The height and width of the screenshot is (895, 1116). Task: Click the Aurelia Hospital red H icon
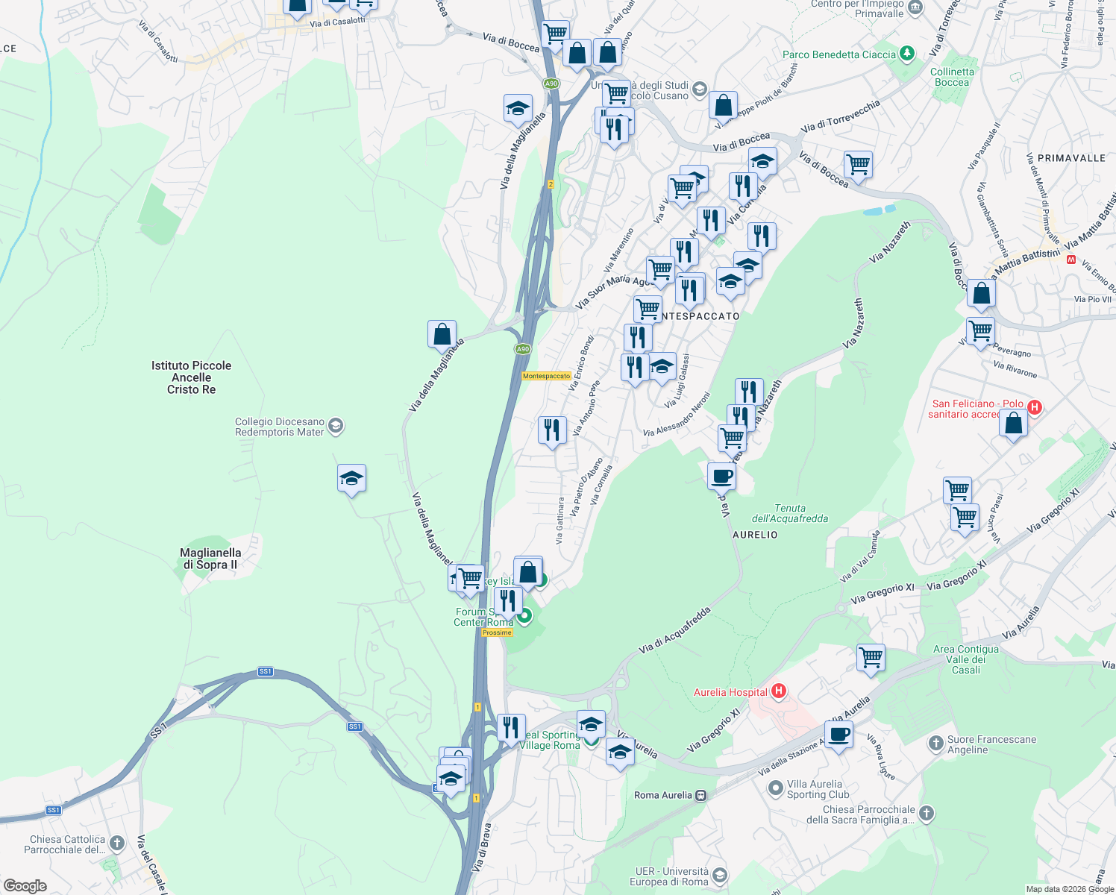[x=779, y=691]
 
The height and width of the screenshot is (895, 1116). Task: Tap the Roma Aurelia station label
[x=663, y=795]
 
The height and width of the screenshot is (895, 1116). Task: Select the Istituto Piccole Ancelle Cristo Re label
[x=191, y=377]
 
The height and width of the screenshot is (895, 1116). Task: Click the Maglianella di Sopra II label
[x=210, y=559]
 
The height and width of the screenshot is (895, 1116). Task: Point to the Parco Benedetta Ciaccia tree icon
[x=907, y=54]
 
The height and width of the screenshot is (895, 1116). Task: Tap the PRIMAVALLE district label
[x=1071, y=158]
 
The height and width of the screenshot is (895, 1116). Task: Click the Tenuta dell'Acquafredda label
[x=789, y=513]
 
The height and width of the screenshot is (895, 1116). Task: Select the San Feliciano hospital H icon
[x=1034, y=407]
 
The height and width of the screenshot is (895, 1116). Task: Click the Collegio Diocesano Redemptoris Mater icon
[x=336, y=426]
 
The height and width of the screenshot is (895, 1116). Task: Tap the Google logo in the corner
[x=25, y=885]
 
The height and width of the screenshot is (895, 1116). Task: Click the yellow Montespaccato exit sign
[x=546, y=376]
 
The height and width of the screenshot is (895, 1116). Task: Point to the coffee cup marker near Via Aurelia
[x=838, y=734]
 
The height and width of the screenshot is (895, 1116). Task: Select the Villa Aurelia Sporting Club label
[x=815, y=789]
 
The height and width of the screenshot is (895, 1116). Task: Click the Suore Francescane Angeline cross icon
[x=936, y=743]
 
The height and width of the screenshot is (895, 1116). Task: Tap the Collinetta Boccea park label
[x=952, y=77]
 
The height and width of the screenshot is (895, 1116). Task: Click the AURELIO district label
[x=755, y=535]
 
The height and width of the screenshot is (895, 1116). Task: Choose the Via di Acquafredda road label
[x=674, y=631]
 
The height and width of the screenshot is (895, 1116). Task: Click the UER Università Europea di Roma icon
[x=720, y=876]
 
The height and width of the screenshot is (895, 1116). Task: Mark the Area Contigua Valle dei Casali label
[x=965, y=659]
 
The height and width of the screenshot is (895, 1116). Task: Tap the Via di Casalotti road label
[x=337, y=22]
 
